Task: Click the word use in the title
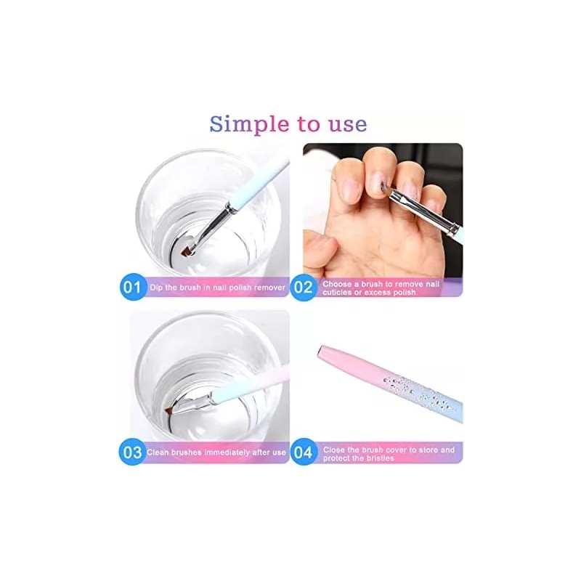[x=347, y=123]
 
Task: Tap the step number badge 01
[x=131, y=287]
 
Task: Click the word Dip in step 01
[x=156, y=288]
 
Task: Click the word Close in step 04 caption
[x=332, y=450]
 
